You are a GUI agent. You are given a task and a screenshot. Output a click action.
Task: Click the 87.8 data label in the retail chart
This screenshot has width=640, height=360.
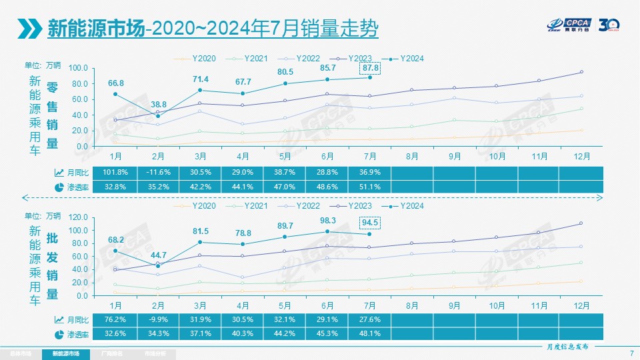click(x=369, y=68)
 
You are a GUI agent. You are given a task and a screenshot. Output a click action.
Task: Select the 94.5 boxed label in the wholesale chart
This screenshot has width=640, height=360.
click(x=369, y=222)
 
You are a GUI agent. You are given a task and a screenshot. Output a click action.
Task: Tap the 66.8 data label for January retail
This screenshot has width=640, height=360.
click(x=116, y=83)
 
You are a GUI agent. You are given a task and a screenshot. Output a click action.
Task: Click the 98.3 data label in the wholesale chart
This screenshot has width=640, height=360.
click(x=327, y=220)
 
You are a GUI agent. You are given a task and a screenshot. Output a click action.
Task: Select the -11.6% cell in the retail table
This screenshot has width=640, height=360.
click(x=158, y=172)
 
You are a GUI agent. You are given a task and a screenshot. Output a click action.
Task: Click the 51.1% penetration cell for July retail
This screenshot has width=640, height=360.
click(x=369, y=187)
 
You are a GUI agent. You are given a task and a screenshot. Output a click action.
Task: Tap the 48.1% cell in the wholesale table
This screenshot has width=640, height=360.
click(x=369, y=333)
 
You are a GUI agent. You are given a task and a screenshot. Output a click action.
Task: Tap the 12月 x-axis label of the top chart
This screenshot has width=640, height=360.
click(x=581, y=156)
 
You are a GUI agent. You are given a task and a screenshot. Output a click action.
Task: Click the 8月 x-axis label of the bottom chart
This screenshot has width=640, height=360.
click(x=412, y=305)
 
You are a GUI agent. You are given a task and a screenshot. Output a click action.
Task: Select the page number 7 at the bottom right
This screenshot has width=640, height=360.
click(x=631, y=353)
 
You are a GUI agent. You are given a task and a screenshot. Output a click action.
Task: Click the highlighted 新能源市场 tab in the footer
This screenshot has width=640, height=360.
click(x=65, y=353)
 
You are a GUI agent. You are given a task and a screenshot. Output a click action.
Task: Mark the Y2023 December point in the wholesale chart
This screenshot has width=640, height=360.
click(x=581, y=223)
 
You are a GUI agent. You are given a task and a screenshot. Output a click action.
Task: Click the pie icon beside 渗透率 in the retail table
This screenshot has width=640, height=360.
click(x=59, y=187)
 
